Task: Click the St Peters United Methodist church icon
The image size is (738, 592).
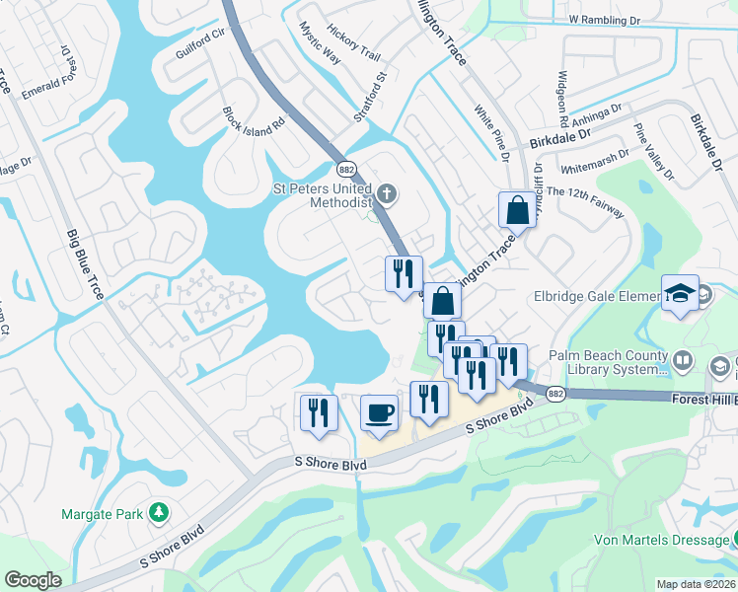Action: pyautogui.click(x=387, y=193)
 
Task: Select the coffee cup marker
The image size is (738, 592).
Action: pyautogui.click(x=378, y=413)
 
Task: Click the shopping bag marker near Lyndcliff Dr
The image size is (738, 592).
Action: pyautogui.click(x=517, y=209)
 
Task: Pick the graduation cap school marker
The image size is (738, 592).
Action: pyautogui.click(x=681, y=293)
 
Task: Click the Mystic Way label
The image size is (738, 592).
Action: pyautogui.click(x=319, y=43)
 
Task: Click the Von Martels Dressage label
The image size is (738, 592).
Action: pyautogui.click(x=661, y=540)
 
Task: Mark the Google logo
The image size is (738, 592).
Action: pyautogui.click(x=33, y=580)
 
